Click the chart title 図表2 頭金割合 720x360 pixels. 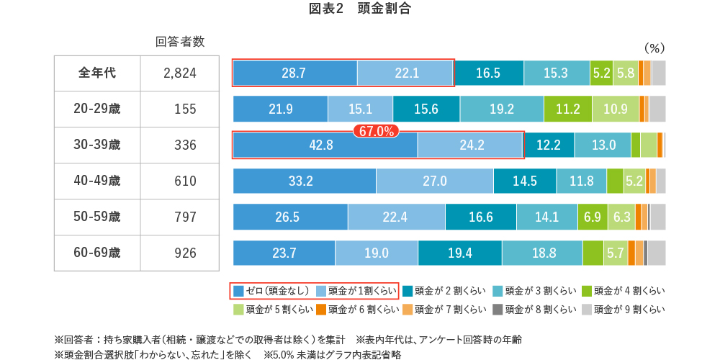coord(359,9)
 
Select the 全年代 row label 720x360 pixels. coord(97,73)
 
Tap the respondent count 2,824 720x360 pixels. coord(179,73)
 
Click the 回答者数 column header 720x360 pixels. coord(180,42)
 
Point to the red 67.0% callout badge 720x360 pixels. coord(374,131)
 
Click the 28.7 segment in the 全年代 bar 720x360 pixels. coord(294,73)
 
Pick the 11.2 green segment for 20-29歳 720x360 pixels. coord(568,109)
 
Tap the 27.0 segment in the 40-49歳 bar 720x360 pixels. coord(434,181)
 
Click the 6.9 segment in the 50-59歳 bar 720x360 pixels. coord(592,217)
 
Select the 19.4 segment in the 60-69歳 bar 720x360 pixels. coord(459,253)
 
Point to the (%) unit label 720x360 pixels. coord(653,48)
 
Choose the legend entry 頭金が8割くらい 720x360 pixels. coord(534,310)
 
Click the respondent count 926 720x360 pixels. coord(185,253)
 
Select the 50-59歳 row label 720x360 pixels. coord(97,217)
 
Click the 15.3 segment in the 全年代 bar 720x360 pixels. coord(556,73)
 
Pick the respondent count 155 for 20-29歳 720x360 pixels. coord(185,109)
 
